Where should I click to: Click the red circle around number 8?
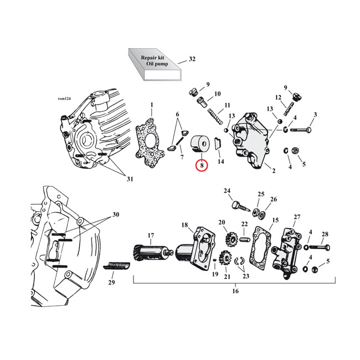tap(202, 166)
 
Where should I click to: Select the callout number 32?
tap(192, 59)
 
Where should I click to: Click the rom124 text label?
tap(65, 99)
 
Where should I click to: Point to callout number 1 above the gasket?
tap(151, 105)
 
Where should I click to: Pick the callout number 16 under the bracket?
tap(235, 291)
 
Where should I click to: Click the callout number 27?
tap(297, 217)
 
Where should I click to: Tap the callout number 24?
tap(227, 192)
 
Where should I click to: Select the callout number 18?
tap(184, 225)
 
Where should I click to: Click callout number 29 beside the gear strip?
tap(112, 283)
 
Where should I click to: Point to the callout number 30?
tap(116, 214)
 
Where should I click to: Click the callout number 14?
tap(221, 162)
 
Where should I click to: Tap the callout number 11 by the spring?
tap(227, 105)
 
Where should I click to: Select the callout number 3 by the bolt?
tap(315, 115)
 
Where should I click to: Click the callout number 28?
tap(325, 234)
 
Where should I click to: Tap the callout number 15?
tap(275, 221)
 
